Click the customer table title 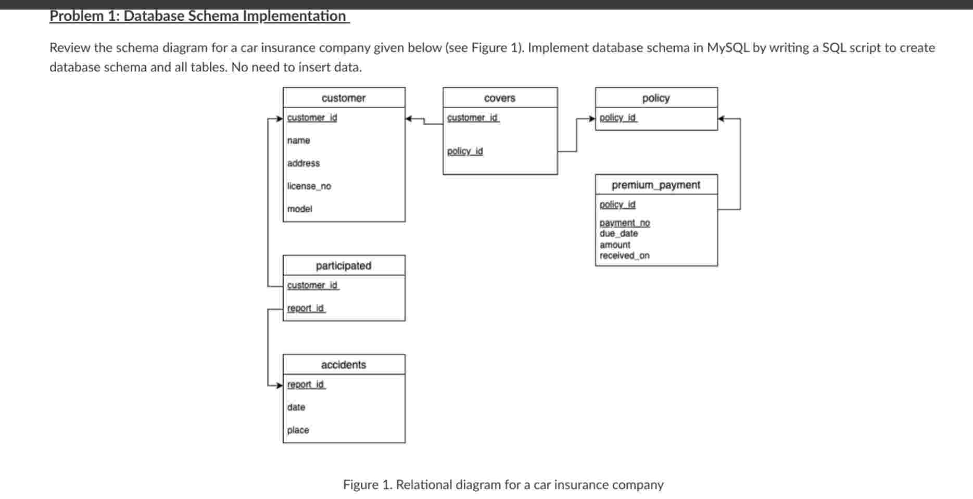coord(344,98)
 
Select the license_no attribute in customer coord(309,186)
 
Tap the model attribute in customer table coord(299,209)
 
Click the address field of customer coord(303,163)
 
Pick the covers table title coord(499,98)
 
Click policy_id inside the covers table coord(465,151)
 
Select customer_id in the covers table coord(473,118)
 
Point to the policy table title coord(656,98)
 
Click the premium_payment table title coord(655,185)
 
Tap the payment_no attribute coord(624,223)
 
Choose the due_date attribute coord(618,234)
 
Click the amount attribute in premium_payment coord(615,245)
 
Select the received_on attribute coord(624,255)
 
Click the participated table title coord(344,265)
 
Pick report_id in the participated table coord(306,308)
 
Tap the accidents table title coord(344,365)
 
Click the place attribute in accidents coord(298,430)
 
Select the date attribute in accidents coord(296,407)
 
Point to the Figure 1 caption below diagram coord(503,485)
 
